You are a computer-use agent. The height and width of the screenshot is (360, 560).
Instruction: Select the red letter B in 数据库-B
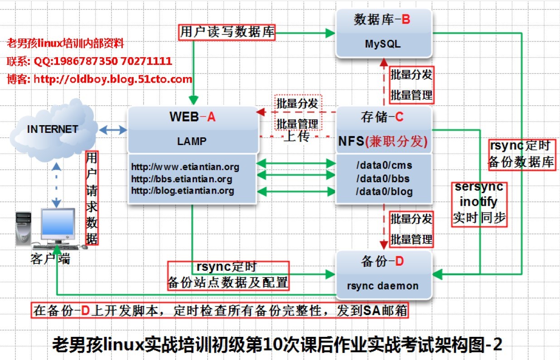[406, 20]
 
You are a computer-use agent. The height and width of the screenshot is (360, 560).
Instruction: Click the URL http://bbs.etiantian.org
[182, 179]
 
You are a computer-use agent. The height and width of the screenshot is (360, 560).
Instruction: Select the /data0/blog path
[384, 191]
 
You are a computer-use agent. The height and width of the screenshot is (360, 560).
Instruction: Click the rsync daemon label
[383, 286]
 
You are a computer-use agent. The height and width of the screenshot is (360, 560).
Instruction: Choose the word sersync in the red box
[479, 187]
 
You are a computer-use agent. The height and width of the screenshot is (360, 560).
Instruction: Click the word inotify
[478, 202]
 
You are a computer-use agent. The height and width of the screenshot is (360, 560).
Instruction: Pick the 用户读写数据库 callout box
[227, 32]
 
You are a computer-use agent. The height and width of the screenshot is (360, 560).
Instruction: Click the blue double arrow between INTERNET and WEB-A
[113, 130]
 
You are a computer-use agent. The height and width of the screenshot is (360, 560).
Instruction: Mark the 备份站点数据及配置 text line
[228, 282]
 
